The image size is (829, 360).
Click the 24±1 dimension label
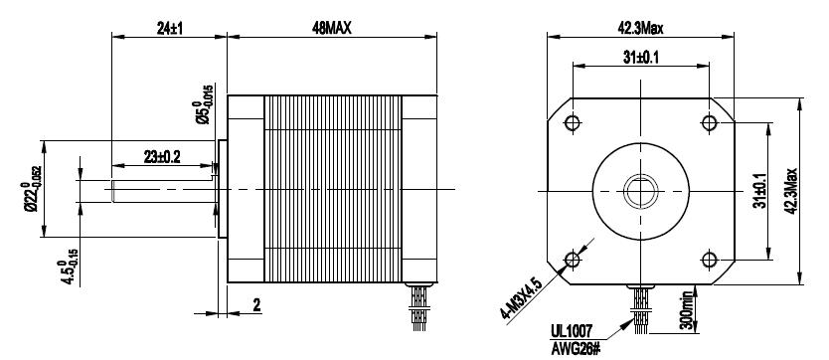point(169,28)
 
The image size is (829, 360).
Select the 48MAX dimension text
point(331,28)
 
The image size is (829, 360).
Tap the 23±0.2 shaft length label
point(162,156)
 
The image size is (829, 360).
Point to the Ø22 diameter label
point(31,189)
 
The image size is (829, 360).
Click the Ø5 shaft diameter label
point(204,104)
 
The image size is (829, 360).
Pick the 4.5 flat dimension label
point(70,267)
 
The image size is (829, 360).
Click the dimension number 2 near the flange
point(256,304)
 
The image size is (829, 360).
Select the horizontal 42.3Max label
point(640,28)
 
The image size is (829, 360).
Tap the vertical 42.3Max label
point(791,191)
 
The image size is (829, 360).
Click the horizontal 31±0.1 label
point(640,58)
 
